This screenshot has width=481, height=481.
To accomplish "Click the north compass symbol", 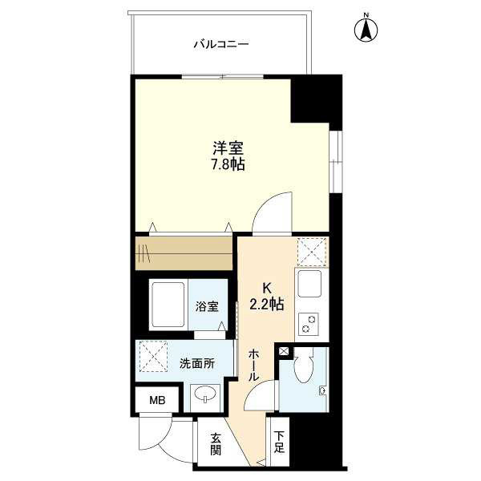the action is pos(366,29).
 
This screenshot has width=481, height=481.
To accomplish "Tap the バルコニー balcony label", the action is pos(221,45).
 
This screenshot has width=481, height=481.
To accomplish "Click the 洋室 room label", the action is pos(228,148).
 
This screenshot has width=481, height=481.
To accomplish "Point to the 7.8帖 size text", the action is pos(228,164).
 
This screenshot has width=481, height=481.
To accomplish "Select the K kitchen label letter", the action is pos(267,289).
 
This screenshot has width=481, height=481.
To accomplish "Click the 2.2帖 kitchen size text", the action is pos(266,305).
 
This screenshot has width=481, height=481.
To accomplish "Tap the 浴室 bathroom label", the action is pos(208,306).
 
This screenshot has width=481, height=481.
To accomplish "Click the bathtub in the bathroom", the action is pos(168,305).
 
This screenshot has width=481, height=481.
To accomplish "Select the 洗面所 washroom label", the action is pos(197,364).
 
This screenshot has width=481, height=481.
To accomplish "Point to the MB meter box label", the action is pos(157,400).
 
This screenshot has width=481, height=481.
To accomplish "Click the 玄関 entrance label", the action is pos(216,443).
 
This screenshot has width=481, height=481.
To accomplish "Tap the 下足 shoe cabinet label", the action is pos(278,443).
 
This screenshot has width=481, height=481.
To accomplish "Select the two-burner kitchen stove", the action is pos(309,324).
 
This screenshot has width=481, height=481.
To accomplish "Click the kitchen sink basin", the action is pos(309,284).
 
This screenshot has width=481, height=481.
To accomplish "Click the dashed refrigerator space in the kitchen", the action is pos(312,252).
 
